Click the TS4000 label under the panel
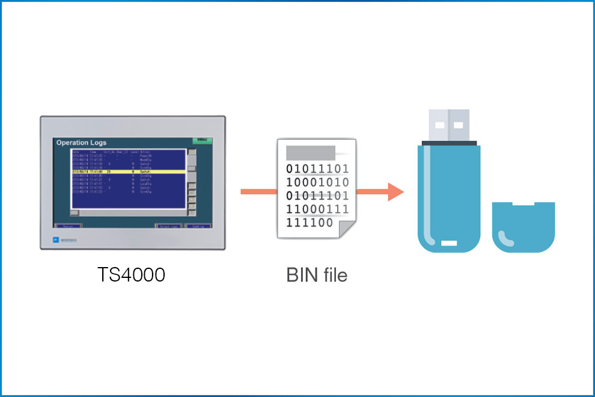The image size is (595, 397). pos(132,274)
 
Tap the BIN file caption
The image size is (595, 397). pos(317,275)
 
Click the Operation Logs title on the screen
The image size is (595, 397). pos(81,143)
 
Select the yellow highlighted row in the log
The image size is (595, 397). pos(129,171)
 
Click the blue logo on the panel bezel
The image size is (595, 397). pos(55,239)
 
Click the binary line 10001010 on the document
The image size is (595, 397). pos(317,182)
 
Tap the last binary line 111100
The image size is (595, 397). pos(310,223)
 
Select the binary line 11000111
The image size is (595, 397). pos(317,209)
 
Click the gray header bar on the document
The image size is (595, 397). pos(310,151)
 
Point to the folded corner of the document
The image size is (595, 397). pos(347,229)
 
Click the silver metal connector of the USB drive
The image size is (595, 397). pos(449,125)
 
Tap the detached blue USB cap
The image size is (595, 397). pos(523,227)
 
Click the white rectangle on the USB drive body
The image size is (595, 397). pos(450,244)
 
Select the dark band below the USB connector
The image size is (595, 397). pos(449,143)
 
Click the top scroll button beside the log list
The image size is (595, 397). pos(192,152)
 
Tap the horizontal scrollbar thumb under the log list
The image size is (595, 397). pos(74,212)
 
